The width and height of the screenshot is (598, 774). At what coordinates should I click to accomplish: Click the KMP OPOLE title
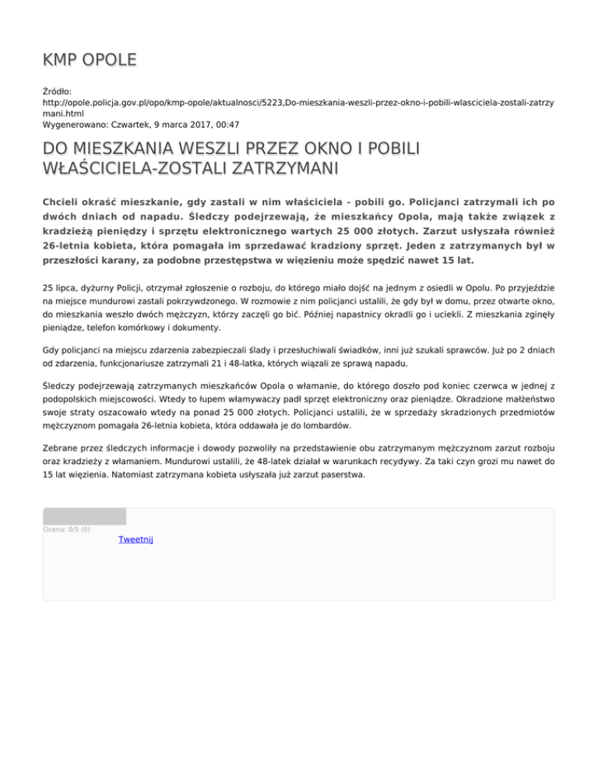point(90,60)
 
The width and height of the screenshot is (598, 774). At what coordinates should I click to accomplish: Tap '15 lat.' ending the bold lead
point(456,260)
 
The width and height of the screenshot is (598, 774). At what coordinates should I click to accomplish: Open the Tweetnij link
point(135,539)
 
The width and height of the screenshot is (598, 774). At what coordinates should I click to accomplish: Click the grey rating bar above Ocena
point(84,516)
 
